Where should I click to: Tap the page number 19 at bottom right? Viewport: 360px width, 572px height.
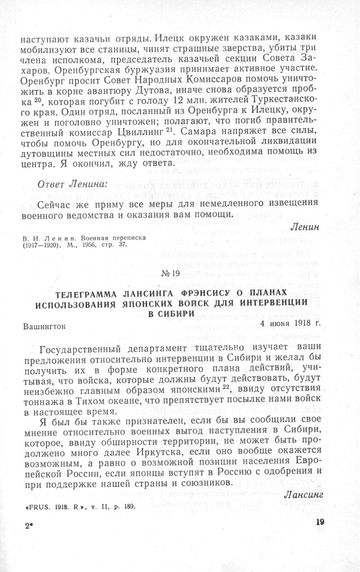coord(320,522)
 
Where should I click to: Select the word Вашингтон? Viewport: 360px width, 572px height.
coord(45,327)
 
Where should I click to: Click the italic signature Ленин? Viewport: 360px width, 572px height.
coord(305,226)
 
